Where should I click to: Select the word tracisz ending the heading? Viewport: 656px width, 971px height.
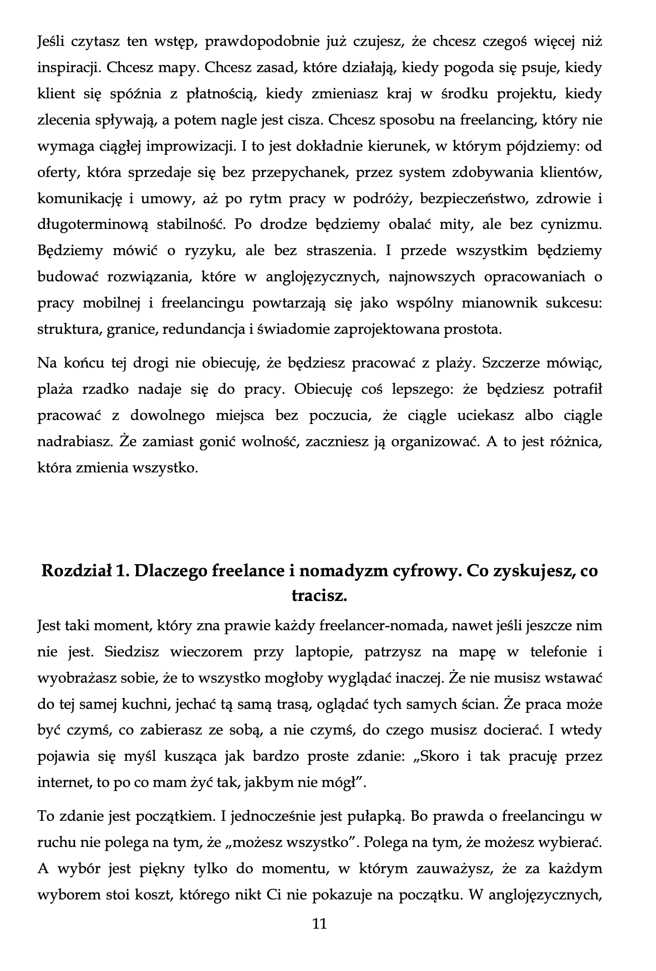(x=319, y=596)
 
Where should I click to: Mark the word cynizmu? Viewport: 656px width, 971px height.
(x=571, y=225)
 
